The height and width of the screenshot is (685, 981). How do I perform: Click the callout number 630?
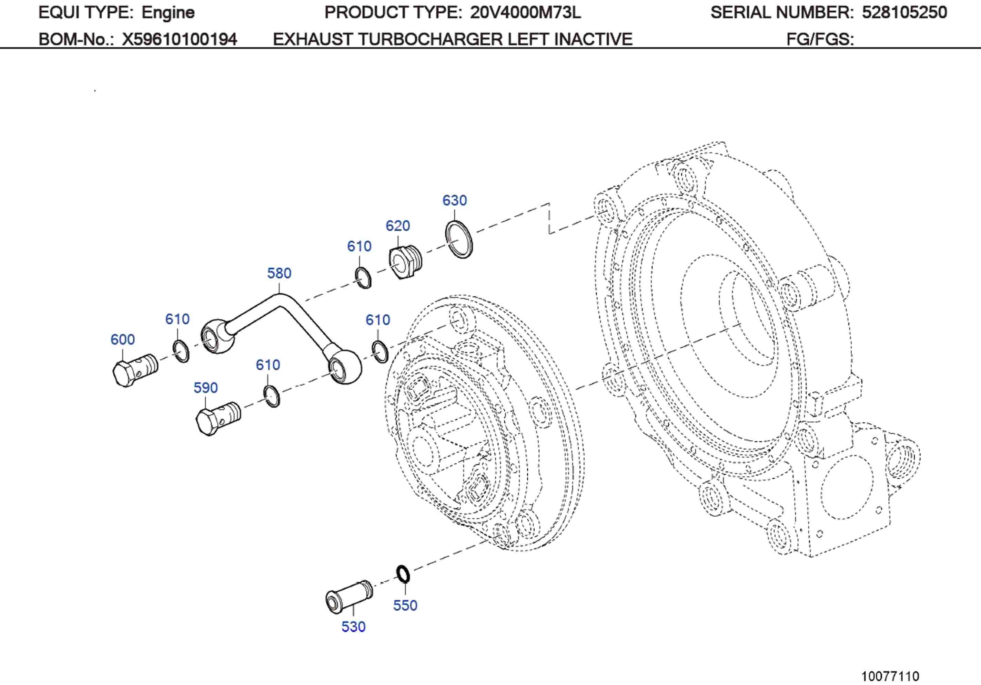coord(454,200)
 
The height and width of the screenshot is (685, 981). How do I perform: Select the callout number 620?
coord(397,225)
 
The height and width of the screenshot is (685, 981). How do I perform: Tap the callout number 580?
coord(279,273)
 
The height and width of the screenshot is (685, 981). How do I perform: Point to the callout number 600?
coord(123,339)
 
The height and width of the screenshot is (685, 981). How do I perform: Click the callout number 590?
coord(205,388)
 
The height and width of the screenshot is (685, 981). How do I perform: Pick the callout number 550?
coord(405,605)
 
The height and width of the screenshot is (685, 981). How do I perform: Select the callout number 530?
coord(353,626)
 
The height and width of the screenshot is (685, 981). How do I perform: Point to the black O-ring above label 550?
coord(403,574)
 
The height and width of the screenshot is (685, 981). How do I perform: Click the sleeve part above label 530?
coord(348,596)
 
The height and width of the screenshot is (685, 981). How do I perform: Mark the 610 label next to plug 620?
coord(359,246)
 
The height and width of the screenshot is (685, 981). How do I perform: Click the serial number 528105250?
coord(904,12)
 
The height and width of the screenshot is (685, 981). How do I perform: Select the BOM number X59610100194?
coord(180,39)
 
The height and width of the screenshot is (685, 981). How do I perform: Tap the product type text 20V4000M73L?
coord(525,12)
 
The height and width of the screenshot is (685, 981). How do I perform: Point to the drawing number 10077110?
coord(890,664)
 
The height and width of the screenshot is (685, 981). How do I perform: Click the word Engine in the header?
coord(168,13)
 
